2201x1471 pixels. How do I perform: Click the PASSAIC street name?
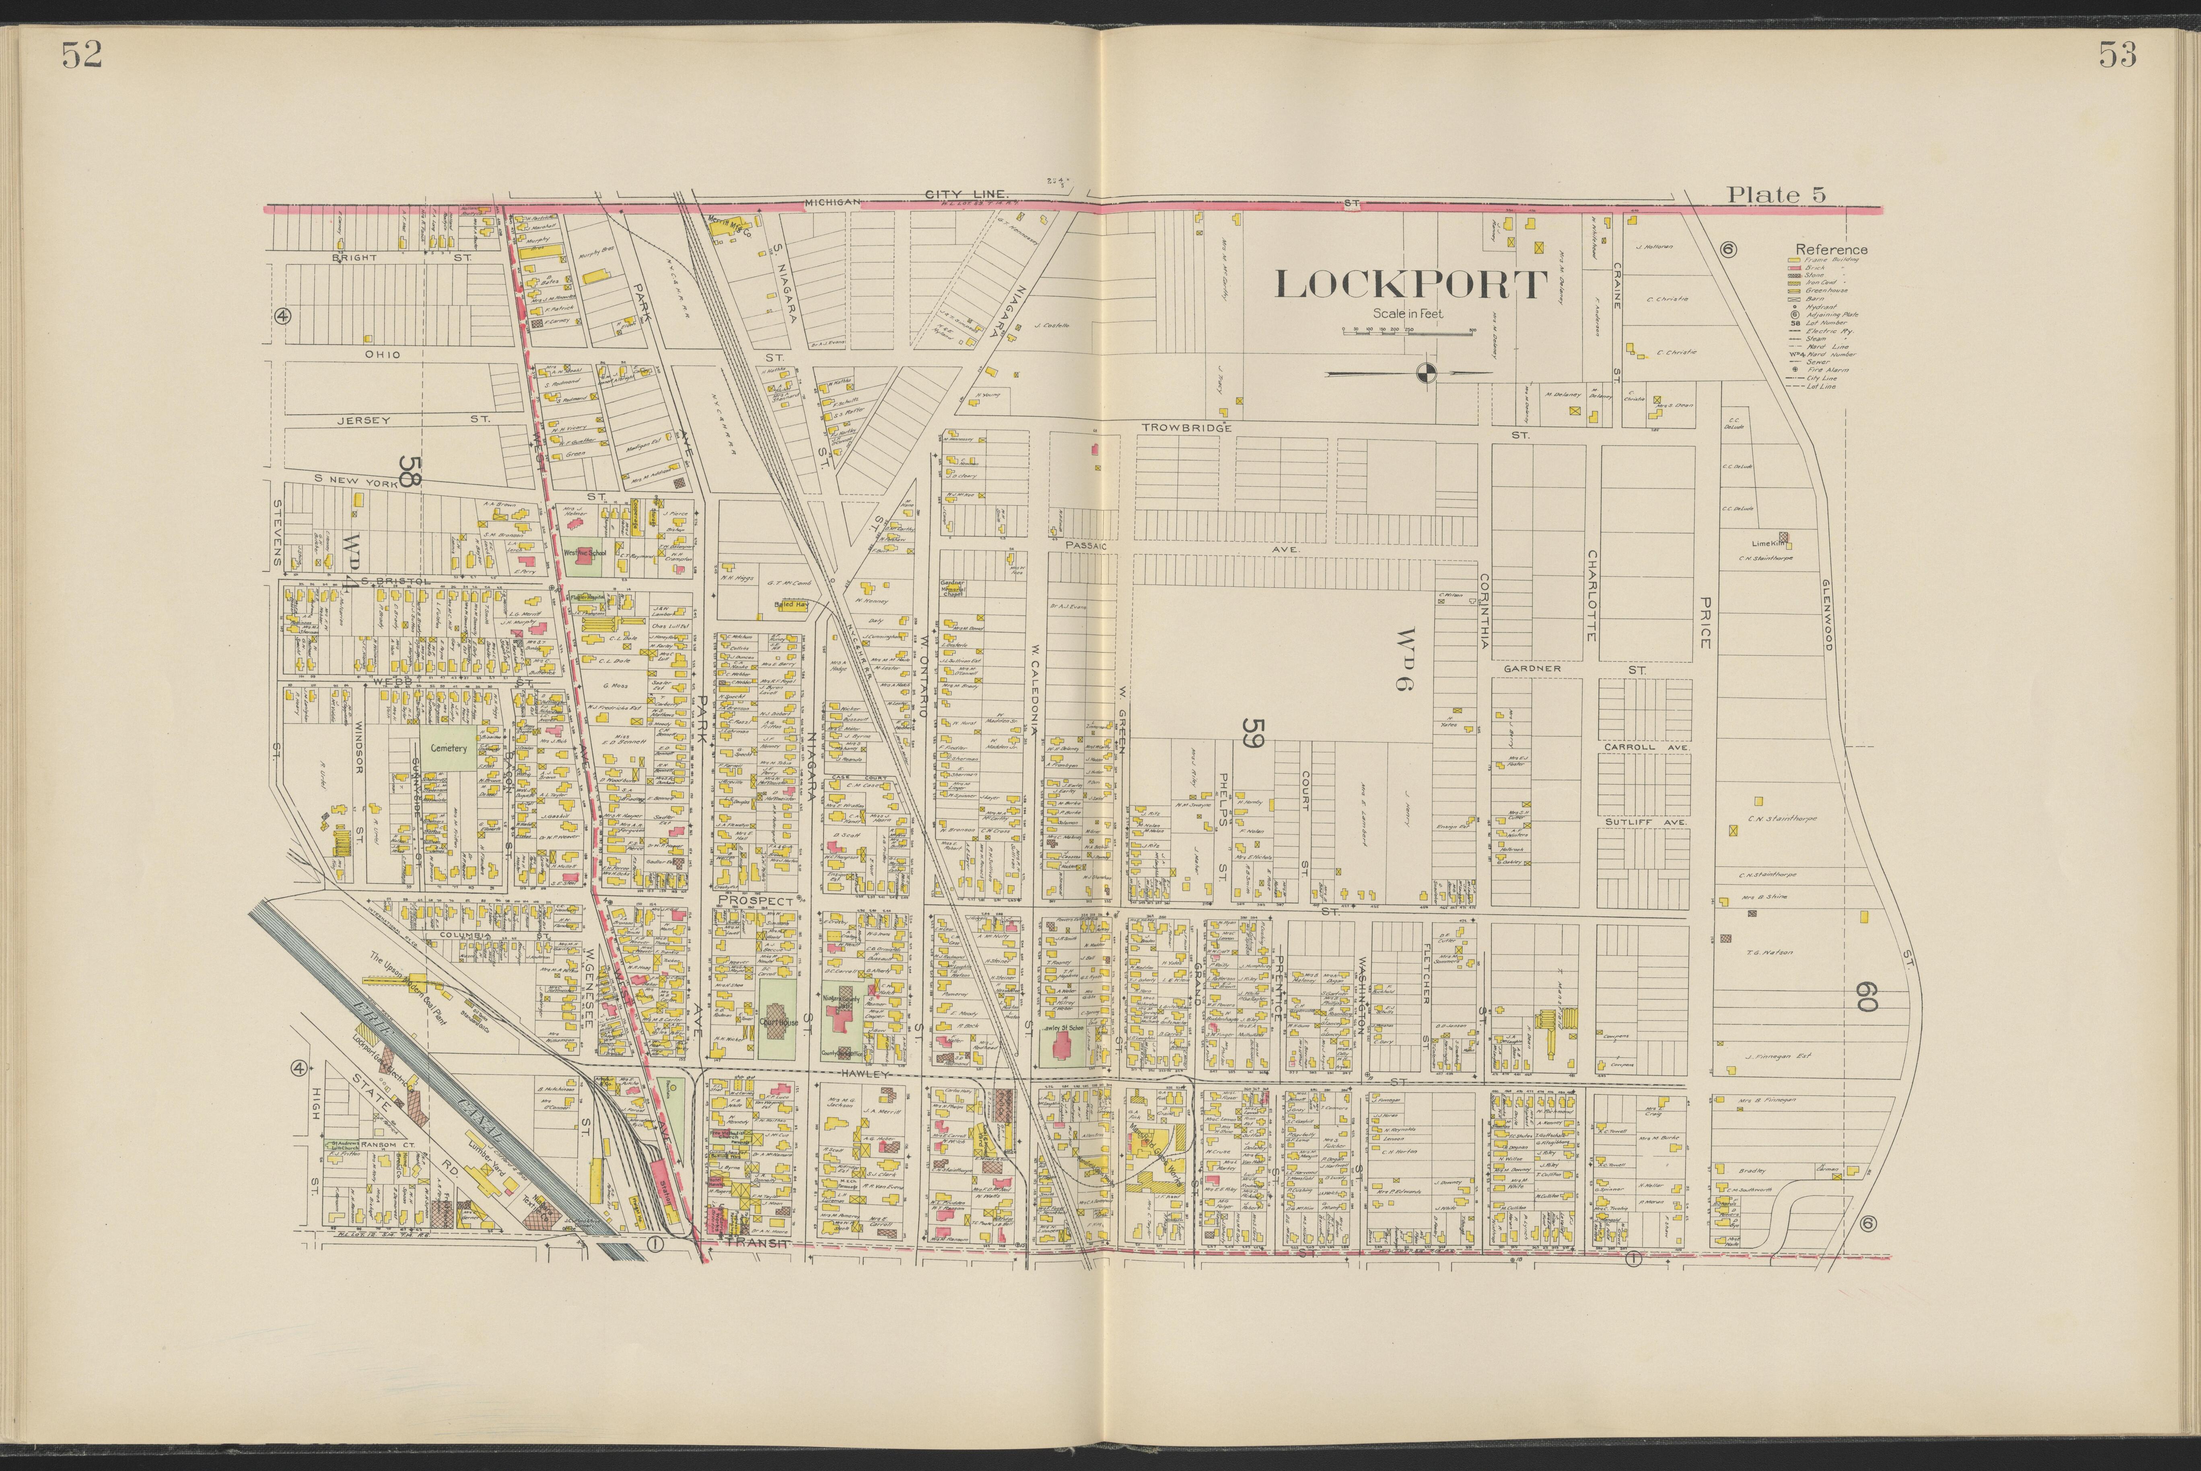(x=1086, y=544)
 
